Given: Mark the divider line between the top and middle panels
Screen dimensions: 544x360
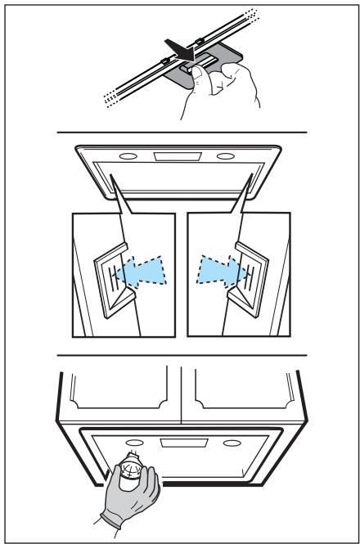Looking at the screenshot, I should click(181, 132).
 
